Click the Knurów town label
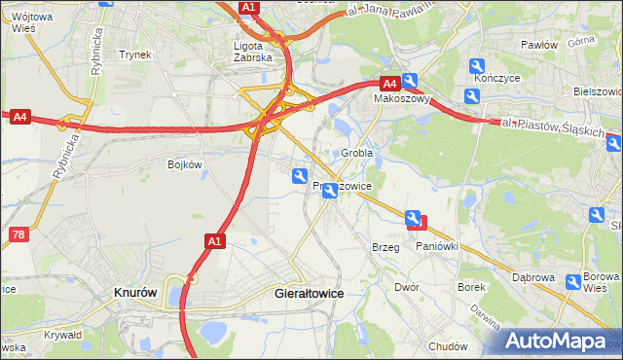136,292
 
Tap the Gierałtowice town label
311,292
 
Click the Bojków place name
184,164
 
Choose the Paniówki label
437,247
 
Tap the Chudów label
448,346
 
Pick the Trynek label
134,54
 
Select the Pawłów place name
538,45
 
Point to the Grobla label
357,154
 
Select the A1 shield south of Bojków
215,239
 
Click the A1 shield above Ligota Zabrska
248,8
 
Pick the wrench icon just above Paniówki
413,219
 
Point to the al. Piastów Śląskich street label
554,127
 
